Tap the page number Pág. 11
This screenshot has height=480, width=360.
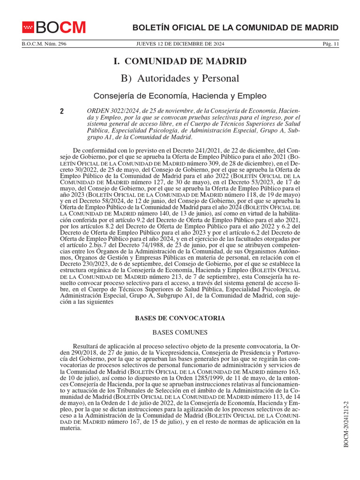[x=330, y=44]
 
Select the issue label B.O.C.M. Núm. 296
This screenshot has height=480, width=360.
[x=44, y=44]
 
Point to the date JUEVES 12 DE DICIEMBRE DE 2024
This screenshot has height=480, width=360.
[x=180, y=44]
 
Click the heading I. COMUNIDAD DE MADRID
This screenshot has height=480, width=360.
[x=180, y=61]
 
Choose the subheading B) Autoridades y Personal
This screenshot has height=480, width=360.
[x=180, y=78]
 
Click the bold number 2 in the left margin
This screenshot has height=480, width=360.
[x=61, y=112]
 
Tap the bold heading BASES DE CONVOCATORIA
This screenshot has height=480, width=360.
[x=180, y=318]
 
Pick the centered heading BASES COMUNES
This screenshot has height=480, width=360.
[x=180, y=332]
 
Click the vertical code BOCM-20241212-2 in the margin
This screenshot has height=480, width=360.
[x=347, y=424]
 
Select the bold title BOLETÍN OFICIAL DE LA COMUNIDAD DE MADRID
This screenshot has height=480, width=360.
[x=235, y=28]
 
